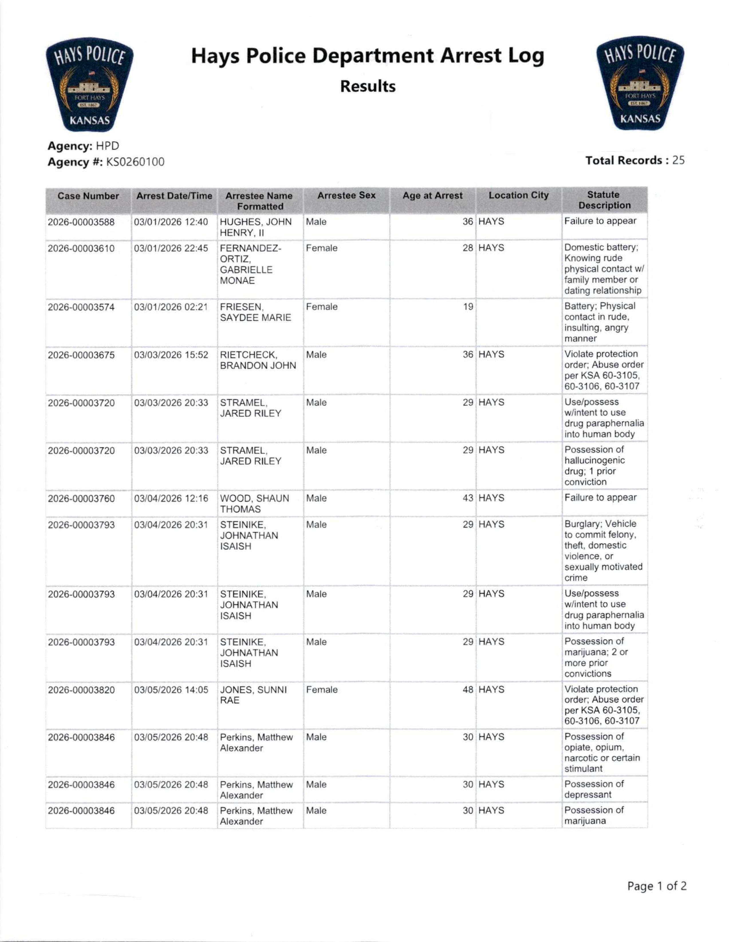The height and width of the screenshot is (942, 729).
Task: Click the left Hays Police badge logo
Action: pyautogui.click(x=90, y=84)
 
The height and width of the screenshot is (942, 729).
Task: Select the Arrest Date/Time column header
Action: pyautogui.click(x=174, y=196)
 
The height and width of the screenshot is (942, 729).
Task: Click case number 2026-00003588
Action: pyautogui.click(x=82, y=222)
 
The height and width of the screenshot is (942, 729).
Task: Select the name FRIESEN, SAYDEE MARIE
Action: pyautogui.click(x=255, y=312)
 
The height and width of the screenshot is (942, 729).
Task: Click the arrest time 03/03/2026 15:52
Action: pyautogui.click(x=171, y=355)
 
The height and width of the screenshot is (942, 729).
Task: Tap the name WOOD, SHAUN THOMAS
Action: pyautogui.click(x=255, y=504)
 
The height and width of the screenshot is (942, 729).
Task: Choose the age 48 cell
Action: pyautogui.click(x=468, y=690)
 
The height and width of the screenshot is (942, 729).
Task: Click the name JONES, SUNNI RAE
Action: pyautogui.click(x=253, y=695)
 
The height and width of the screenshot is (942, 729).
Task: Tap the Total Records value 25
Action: pyautogui.click(x=679, y=160)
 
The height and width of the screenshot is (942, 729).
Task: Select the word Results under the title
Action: pyautogui.click(x=368, y=86)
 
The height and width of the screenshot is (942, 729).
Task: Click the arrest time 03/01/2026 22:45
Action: pyautogui.click(x=171, y=249)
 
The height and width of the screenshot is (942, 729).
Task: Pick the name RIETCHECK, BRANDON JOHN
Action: pyautogui.click(x=258, y=360)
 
